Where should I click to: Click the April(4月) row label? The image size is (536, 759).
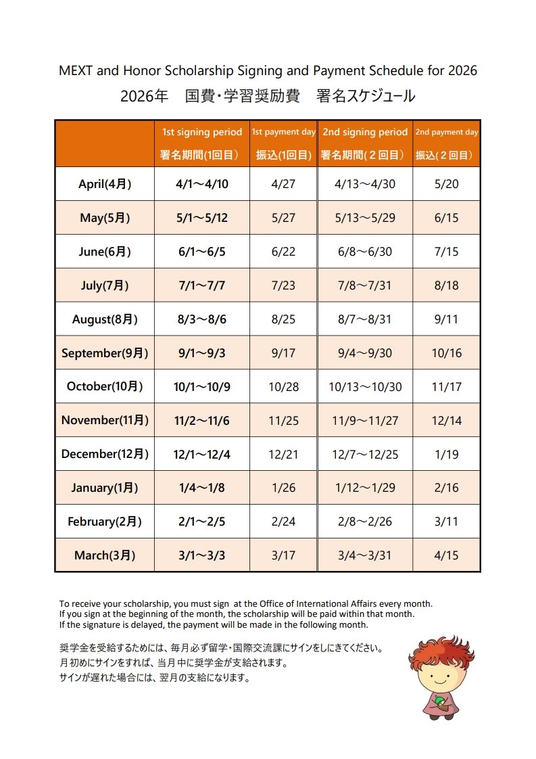[105, 184]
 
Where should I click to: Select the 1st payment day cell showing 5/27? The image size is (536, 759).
[283, 218]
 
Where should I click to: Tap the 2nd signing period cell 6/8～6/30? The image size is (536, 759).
[365, 252]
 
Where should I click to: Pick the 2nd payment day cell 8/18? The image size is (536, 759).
[446, 285]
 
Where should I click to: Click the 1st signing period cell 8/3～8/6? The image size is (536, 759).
[201, 319]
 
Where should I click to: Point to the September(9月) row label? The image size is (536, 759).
[105, 353]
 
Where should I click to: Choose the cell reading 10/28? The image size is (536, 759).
[283, 387]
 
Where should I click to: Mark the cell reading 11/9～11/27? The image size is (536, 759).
[365, 421]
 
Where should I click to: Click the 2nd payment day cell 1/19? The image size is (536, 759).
[446, 455]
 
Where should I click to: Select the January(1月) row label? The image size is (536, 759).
[105, 488]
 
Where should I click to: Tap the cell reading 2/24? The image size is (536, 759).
[283, 522]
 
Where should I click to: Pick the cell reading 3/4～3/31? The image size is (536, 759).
[365, 555]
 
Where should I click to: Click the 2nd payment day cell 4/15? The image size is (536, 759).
[446, 555]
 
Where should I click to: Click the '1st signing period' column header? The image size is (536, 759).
[201, 133]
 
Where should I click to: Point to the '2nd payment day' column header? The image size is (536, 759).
[446, 133]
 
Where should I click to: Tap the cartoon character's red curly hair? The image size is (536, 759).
[441, 649]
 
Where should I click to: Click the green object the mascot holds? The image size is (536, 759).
[439, 701]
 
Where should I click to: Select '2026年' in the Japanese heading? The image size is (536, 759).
[144, 97]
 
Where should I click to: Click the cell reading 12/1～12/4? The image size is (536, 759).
[201, 455]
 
